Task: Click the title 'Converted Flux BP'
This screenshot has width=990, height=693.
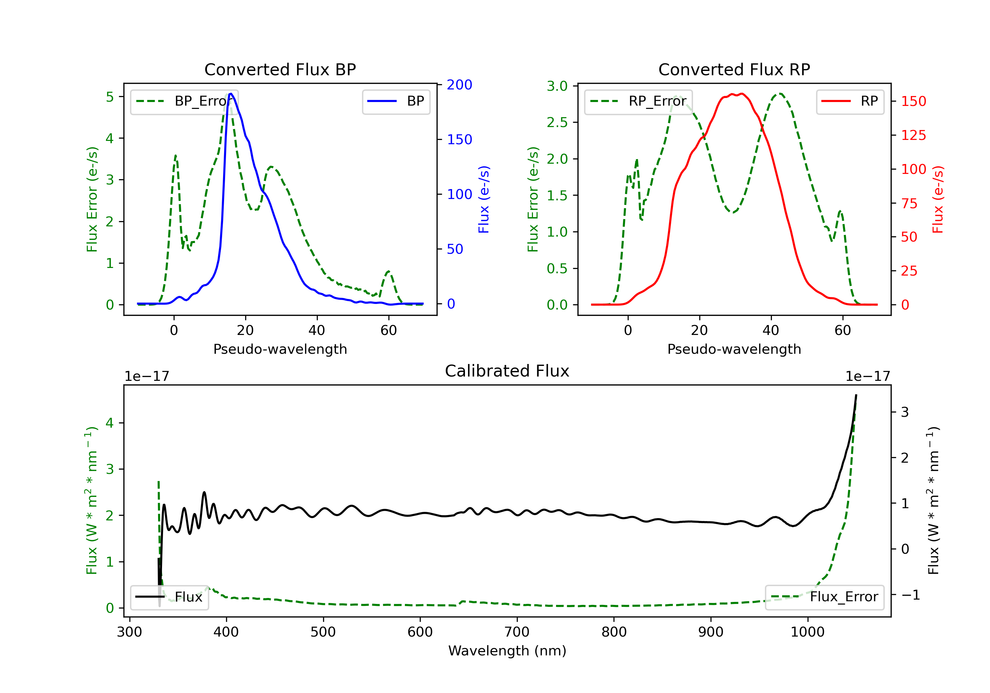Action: tap(280, 69)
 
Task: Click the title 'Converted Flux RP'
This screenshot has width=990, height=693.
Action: tap(734, 69)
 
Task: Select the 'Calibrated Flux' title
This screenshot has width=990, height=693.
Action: tap(507, 371)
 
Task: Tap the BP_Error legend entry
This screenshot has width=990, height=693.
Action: tap(184, 101)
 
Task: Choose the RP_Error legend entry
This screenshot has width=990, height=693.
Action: tap(639, 101)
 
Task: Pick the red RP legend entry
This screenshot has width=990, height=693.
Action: tap(850, 101)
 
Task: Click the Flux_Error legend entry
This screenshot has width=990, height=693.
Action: tap(824, 597)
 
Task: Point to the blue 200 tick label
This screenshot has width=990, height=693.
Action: tap(459, 85)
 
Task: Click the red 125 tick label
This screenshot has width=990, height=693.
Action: tap(914, 135)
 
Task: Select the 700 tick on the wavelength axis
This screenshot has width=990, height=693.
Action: tap(517, 632)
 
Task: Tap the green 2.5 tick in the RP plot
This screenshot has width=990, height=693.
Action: tap(557, 122)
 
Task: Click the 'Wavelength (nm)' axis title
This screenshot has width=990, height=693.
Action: tap(507, 651)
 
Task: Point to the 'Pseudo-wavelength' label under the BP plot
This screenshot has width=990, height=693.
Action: tap(280, 349)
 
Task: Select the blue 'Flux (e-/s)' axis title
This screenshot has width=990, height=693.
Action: tap(484, 199)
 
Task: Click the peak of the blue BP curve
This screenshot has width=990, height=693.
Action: tap(231, 94)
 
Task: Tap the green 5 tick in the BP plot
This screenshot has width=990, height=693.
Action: tap(110, 97)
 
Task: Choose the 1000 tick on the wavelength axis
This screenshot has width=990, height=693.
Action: tap(808, 632)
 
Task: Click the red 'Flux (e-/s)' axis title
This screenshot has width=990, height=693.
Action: tap(938, 199)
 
